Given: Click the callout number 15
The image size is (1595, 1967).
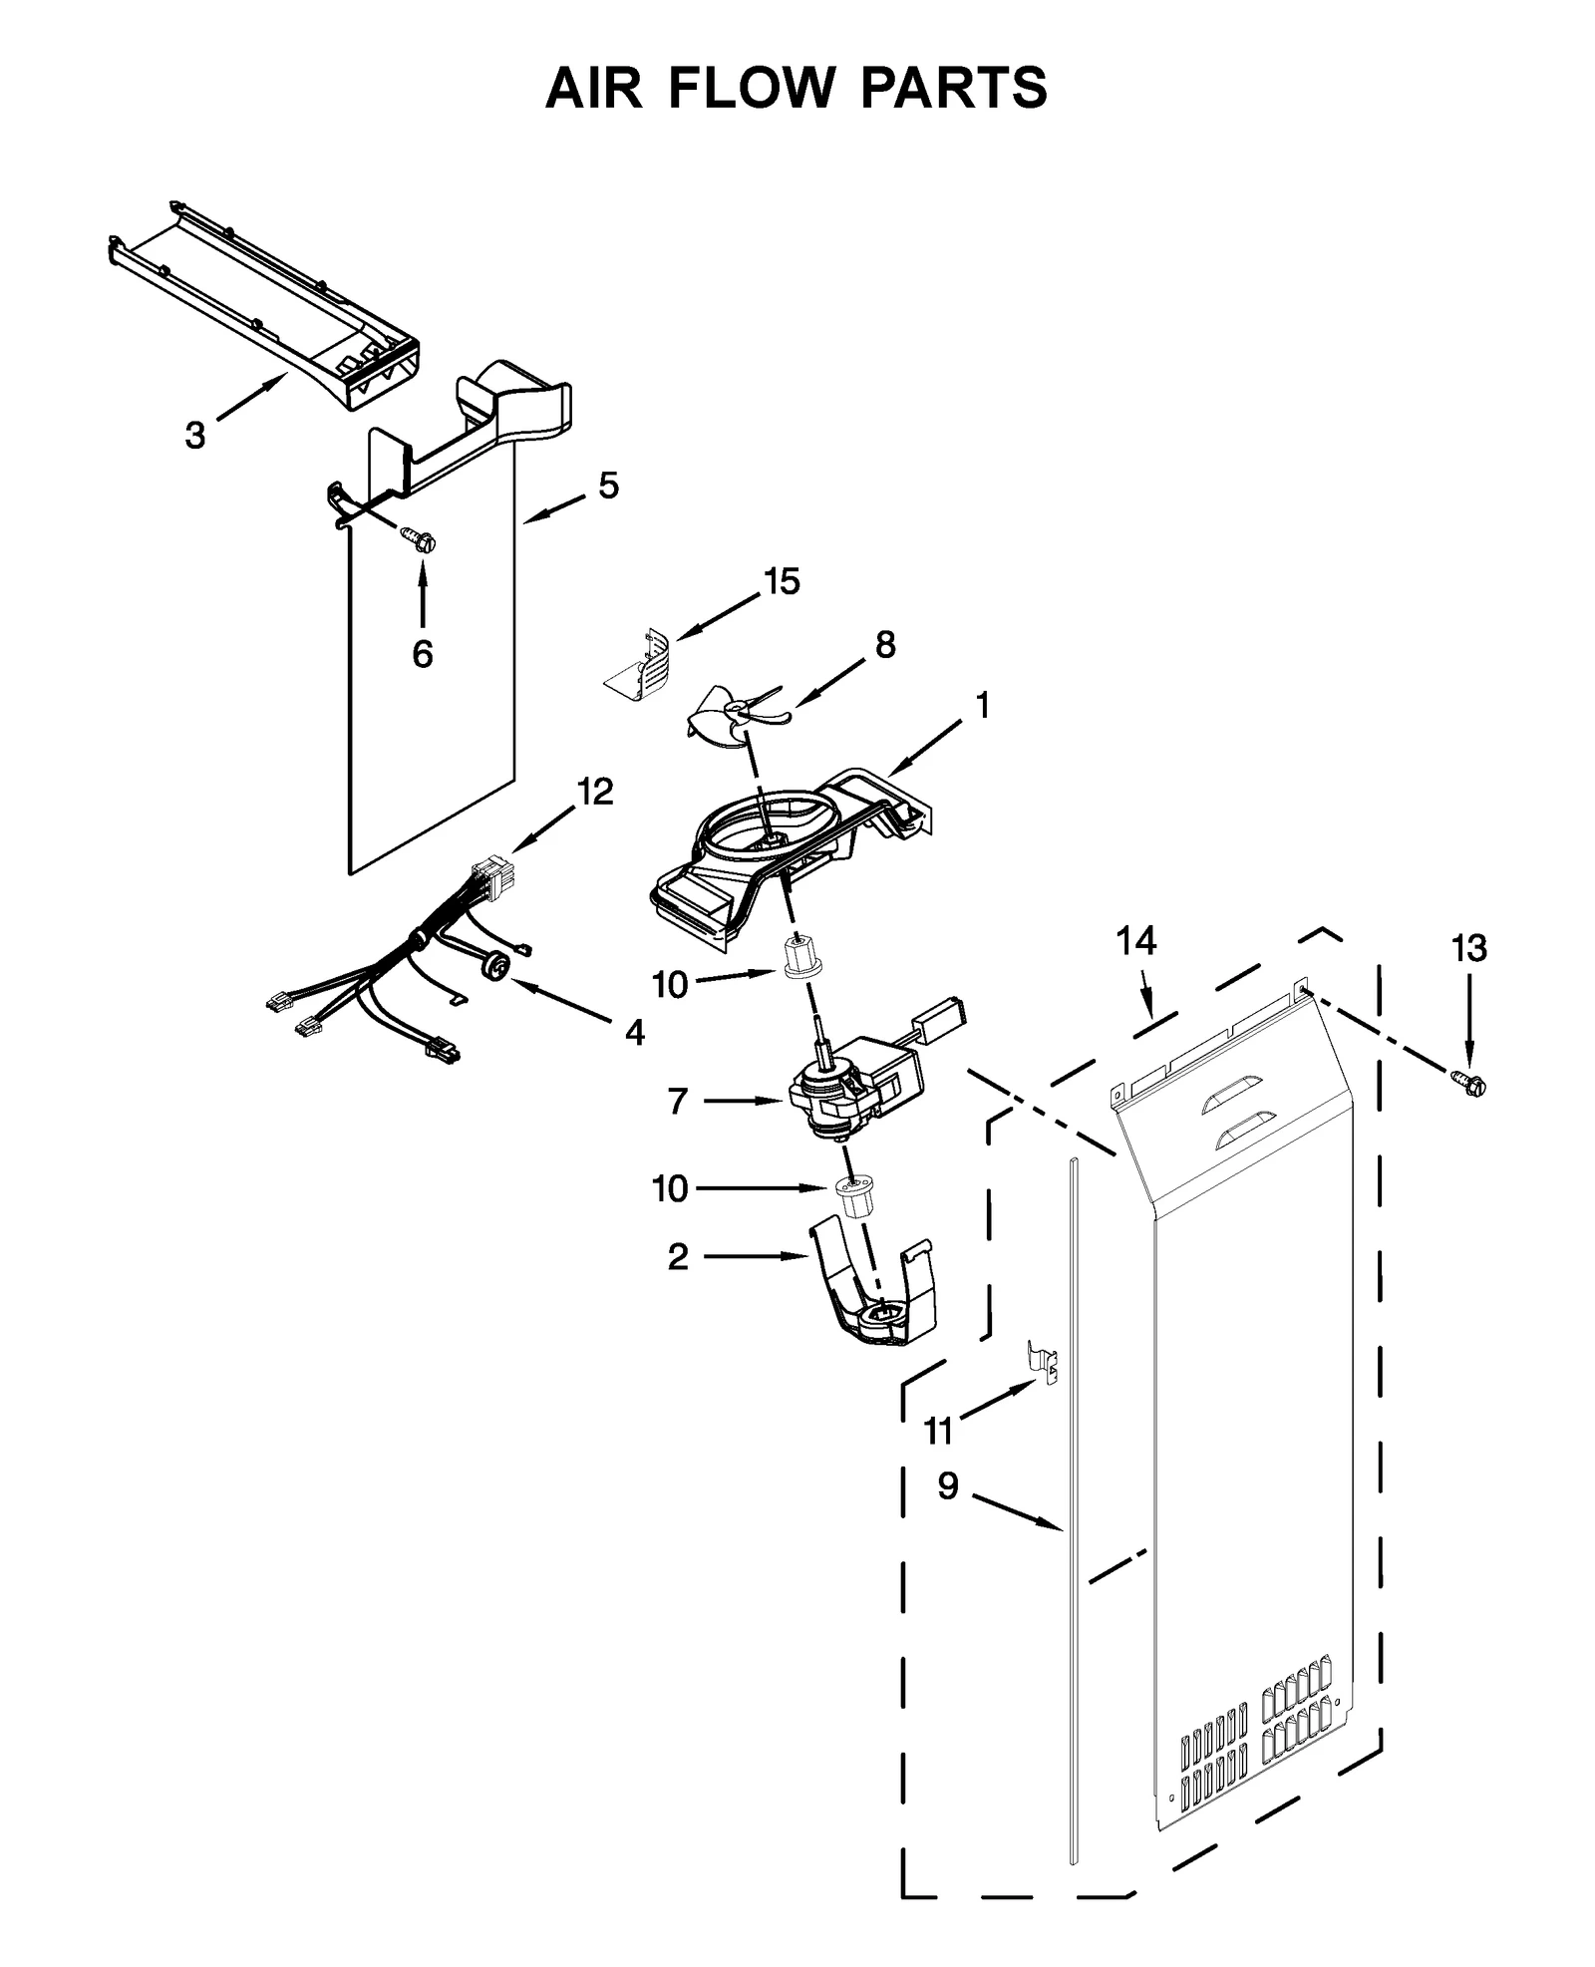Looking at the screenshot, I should pyautogui.click(x=783, y=582).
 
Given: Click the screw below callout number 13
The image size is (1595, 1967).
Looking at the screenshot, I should pyautogui.click(x=1467, y=1080).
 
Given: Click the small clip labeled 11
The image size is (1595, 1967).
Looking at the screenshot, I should pyautogui.click(x=1043, y=1361).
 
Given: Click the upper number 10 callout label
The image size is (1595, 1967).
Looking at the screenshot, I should pyautogui.click(x=670, y=985).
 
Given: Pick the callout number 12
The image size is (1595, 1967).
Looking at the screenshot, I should pyautogui.click(x=594, y=792).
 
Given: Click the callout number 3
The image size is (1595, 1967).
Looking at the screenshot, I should pyautogui.click(x=195, y=435).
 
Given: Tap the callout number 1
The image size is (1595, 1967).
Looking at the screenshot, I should pyautogui.click(x=983, y=706).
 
